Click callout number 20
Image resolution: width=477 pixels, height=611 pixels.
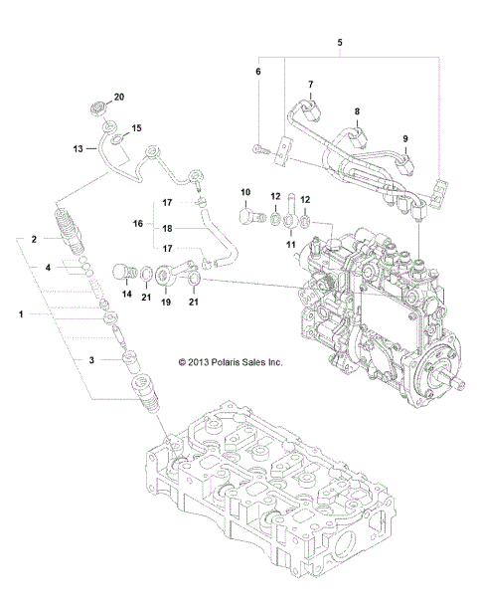119,97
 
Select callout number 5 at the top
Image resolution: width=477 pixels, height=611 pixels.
340,43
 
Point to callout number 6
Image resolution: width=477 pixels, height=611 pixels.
259,73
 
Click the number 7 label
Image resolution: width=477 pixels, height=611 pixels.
310,85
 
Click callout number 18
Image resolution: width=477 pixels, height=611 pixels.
169,228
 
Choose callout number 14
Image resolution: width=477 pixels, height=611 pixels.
126,295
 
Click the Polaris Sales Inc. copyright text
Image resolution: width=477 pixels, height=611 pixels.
231,363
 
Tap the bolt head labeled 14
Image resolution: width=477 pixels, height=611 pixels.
125,270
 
